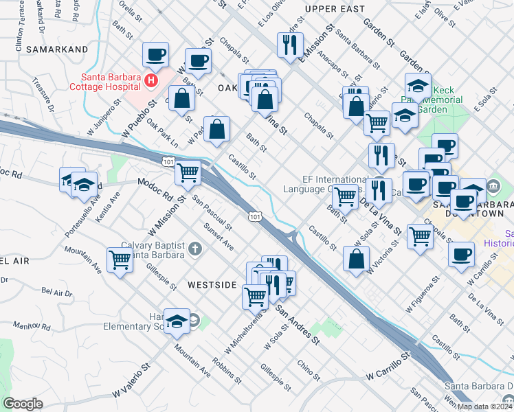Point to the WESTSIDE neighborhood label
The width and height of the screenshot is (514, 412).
pos(212,285)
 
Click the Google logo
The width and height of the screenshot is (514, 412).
pos(23,404)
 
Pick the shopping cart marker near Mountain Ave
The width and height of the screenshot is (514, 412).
pos(120,260)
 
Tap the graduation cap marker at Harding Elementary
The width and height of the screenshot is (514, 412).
pos(177,321)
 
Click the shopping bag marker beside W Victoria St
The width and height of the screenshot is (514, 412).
pos(356,260)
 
